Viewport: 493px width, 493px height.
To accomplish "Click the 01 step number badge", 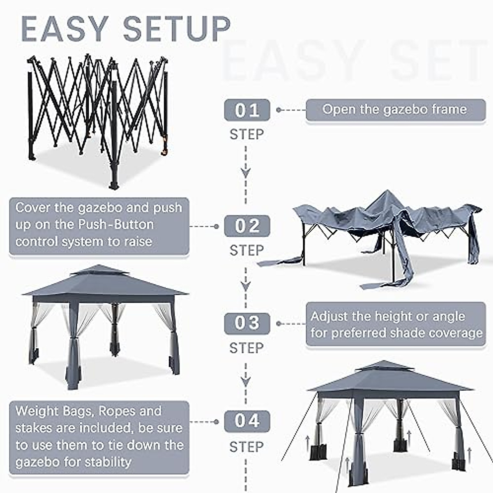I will click(x=247, y=110).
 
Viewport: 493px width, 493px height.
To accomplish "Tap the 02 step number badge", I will click(x=247, y=226).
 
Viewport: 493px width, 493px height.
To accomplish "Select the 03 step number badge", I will click(x=247, y=323).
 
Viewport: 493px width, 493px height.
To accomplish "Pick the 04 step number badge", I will click(x=247, y=421).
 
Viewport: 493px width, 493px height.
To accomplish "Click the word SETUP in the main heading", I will click(x=177, y=29).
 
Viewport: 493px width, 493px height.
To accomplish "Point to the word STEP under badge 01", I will click(x=246, y=134).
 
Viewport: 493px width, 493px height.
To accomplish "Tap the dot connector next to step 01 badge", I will click(x=279, y=110).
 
